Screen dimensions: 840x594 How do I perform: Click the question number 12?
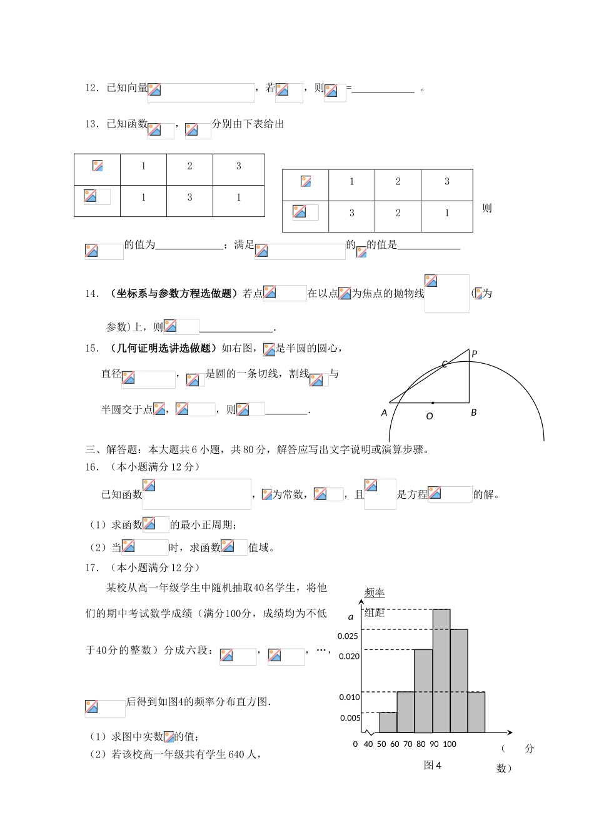(x=92, y=88)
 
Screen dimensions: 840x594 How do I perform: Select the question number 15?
(x=92, y=349)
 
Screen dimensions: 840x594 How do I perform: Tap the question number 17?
(x=92, y=567)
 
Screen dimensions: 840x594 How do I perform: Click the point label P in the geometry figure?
(x=475, y=354)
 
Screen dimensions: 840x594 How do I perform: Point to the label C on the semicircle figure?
(x=445, y=364)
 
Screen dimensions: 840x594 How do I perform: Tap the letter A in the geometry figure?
(x=385, y=413)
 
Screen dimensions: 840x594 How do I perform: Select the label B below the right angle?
(x=474, y=412)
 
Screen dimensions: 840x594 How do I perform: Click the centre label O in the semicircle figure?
(x=430, y=416)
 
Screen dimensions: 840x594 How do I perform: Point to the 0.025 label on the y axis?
(x=348, y=636)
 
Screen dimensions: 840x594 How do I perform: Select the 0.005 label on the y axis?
(x=350, y=718)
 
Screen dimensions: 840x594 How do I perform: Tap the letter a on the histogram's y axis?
(x=351, y=617)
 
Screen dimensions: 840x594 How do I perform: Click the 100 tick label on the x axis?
(x=450, y=744)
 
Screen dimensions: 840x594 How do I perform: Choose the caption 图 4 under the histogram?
(x=433, y=766)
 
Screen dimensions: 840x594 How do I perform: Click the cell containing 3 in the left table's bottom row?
(x=189, y=197)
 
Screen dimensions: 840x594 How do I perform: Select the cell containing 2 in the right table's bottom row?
(x=398, y=213)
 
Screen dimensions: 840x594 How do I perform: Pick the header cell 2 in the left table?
(x=189, y=166)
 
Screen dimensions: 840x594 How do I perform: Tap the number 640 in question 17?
(x=236, y=755)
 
